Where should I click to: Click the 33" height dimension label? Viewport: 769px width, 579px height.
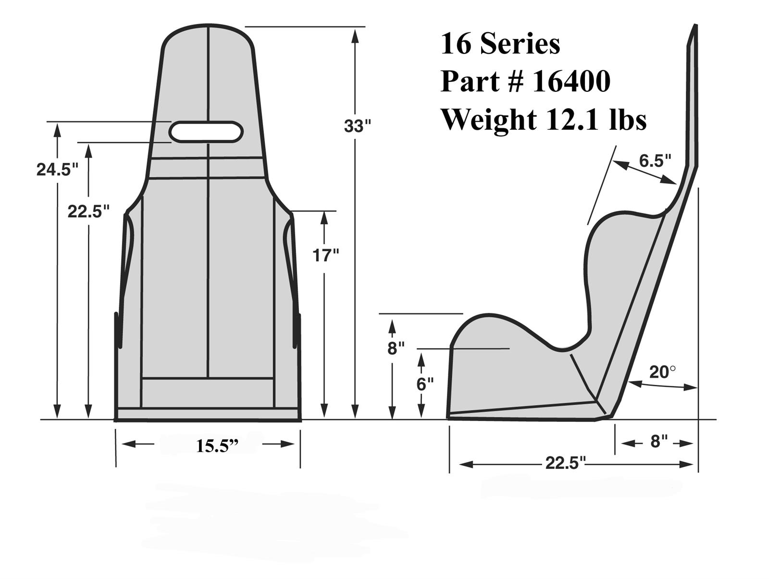[x=358, y=126]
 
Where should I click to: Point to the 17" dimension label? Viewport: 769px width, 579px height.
[x=326, y=255]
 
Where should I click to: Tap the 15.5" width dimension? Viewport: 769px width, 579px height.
[x=217, y=446]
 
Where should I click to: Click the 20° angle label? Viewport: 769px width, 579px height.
[x=662, y=372]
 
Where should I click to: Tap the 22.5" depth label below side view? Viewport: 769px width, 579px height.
[x=566, y=463]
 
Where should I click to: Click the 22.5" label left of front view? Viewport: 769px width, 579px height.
[x=88, y=211]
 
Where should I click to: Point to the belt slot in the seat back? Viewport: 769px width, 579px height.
[x=206, y=132]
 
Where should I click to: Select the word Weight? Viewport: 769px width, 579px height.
[x=489, y=119]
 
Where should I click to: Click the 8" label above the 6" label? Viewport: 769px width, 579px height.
[x=396, y=347]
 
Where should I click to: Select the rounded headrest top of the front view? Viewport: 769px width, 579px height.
[x=208, y=30]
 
